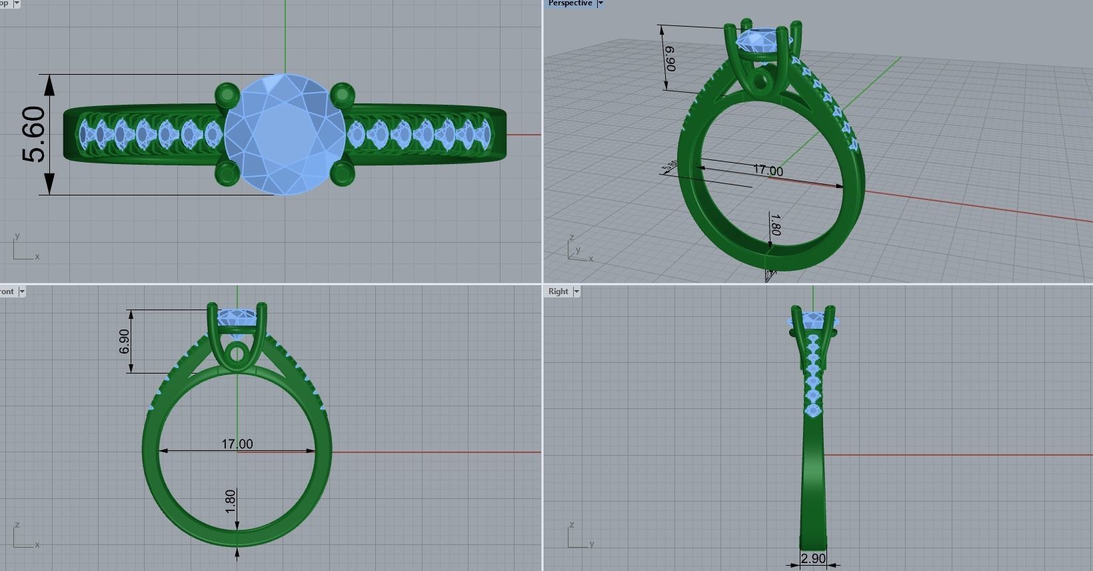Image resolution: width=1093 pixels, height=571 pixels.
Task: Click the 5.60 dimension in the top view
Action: (35, 135)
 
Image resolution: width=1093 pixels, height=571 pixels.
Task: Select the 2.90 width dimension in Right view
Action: (813, 558)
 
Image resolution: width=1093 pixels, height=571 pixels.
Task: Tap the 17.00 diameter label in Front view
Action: (237, 444)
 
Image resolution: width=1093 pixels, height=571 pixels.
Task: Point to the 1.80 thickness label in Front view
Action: (231, 501)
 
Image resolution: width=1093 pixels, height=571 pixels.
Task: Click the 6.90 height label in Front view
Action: (125, 342)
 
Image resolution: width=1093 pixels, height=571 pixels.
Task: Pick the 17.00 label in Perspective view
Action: (768, 170)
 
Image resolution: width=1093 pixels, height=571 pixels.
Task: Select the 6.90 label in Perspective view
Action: (670, 59)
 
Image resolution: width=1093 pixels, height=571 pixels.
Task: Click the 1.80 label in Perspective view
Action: (774, 224)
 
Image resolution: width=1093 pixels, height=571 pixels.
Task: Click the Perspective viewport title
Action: (570, 3)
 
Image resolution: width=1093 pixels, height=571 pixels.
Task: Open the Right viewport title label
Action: (558, 292)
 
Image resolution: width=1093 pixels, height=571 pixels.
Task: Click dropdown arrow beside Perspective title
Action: (600, 3)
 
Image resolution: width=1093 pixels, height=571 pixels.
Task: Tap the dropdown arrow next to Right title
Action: (576, 292)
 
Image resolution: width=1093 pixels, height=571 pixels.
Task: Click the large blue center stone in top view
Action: (285, 135)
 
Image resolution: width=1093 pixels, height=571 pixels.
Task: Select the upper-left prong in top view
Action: (227, 94)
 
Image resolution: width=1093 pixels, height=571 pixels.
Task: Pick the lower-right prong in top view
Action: (342, 173)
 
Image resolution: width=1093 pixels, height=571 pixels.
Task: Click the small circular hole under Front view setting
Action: (237, 354)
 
